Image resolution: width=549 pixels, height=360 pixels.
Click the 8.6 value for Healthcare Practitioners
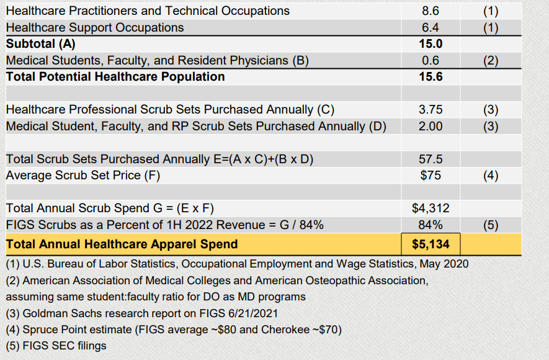[431, 11]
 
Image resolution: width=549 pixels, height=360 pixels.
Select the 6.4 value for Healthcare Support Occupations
[431, 27]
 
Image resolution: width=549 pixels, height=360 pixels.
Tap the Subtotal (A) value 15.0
[431, 44]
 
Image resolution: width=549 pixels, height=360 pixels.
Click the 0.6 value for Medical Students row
[431, 60]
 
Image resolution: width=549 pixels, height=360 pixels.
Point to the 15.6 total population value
[431, 77]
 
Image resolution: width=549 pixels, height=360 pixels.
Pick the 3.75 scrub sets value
[431, 110]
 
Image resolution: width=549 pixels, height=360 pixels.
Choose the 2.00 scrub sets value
[431, 126]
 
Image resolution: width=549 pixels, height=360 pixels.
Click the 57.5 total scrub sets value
[431, 159]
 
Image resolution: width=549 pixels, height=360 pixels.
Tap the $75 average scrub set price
[431, 175]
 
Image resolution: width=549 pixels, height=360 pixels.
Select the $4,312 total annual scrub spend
[431, 208]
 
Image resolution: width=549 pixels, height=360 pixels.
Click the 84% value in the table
[431, 225]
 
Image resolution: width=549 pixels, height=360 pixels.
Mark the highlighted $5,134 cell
[431, 243]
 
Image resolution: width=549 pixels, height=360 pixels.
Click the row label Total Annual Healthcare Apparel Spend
[122, 243]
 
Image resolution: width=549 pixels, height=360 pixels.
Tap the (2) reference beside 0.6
[490, 60]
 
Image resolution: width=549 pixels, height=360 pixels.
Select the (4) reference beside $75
[490, 175]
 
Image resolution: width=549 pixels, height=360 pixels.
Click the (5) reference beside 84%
[490, 225]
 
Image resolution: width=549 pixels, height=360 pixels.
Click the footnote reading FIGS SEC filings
[56, 346]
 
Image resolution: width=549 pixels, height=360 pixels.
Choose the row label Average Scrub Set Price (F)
[83, 175]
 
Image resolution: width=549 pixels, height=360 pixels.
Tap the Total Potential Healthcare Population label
[115, 77]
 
